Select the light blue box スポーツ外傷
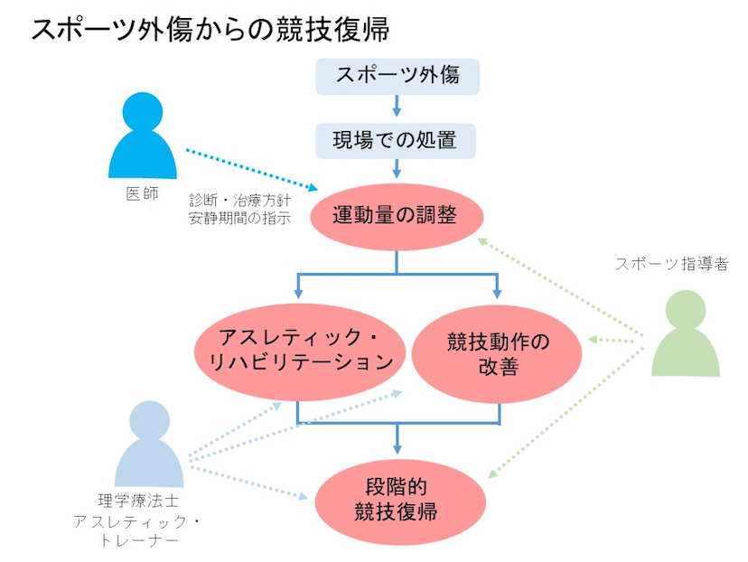point(397,76)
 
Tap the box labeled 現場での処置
point(397,140)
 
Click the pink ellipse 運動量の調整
point(396,216)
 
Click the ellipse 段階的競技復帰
point(396,499)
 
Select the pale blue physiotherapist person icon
point(150,444)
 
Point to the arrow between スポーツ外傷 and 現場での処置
point(397,108)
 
